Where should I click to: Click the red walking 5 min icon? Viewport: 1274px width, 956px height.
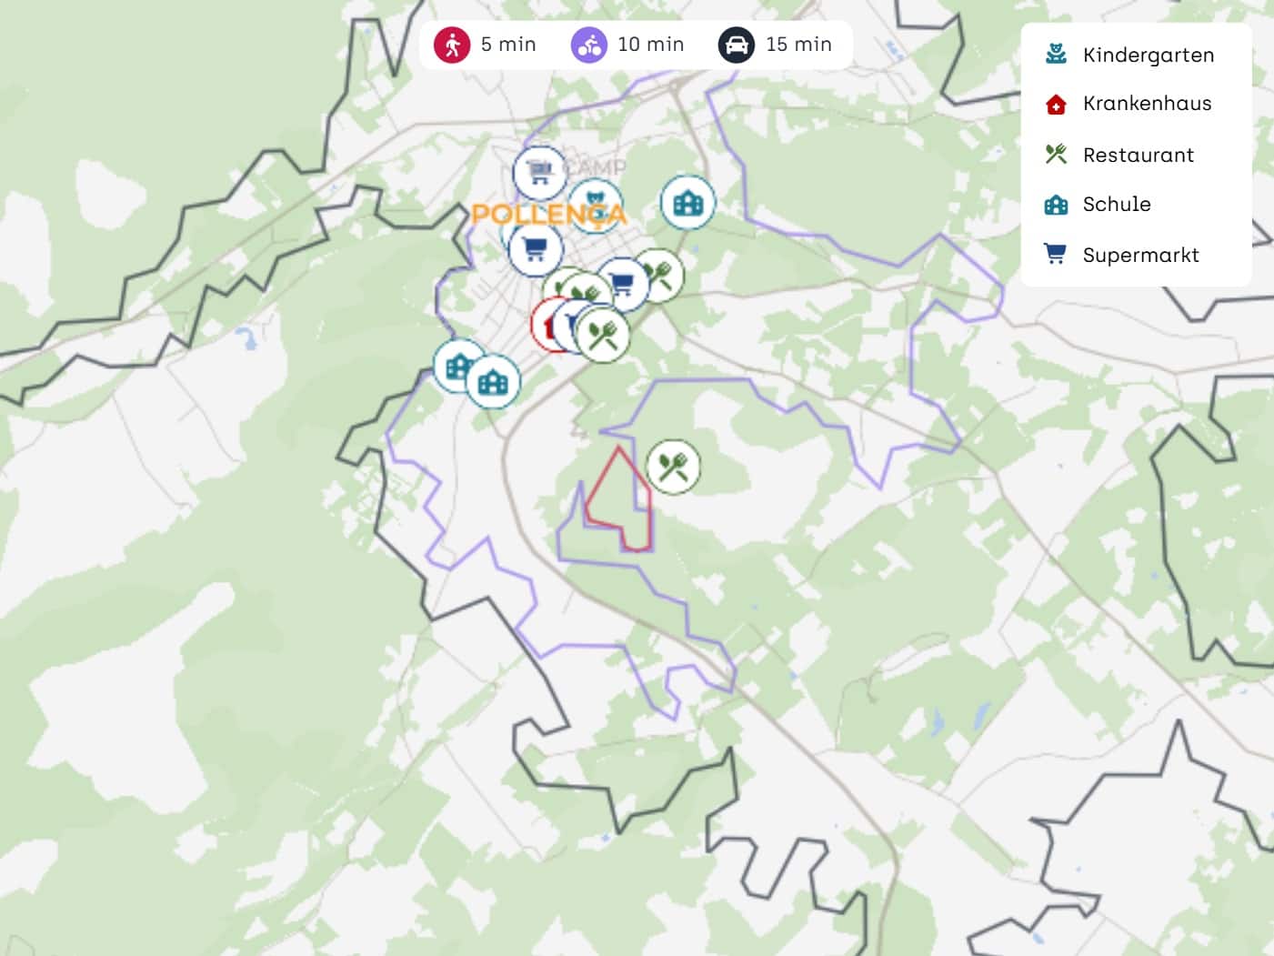451,45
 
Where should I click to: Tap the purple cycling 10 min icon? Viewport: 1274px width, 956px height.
589,45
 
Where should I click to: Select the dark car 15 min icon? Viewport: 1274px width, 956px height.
737,45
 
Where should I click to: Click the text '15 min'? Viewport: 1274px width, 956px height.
798,45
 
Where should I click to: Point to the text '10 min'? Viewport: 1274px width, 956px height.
650,45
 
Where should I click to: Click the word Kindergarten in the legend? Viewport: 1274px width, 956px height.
1149,55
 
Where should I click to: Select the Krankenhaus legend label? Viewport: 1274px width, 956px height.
1147,104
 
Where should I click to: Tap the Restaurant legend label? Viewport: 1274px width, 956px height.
1138,156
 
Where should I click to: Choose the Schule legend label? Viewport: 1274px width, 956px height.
1117,205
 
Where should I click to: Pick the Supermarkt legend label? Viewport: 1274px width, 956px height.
1140,256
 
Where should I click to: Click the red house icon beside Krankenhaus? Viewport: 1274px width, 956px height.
1056,105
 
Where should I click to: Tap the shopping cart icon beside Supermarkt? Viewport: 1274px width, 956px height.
1055,254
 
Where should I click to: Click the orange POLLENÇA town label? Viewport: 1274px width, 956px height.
548,215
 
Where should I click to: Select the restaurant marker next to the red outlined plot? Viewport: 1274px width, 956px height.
673,467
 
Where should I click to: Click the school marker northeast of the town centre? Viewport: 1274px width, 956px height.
687,202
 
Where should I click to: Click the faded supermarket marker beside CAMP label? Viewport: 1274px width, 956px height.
539,171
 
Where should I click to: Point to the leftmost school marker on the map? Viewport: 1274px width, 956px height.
457,366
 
